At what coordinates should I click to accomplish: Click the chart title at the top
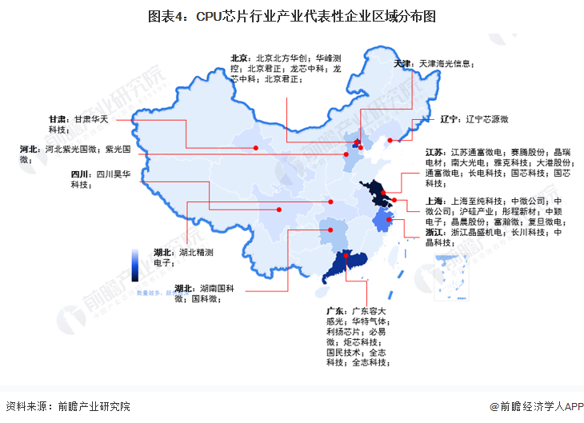click(292, 16)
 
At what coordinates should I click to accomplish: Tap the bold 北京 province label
click(240, 58)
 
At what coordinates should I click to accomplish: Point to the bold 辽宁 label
click(450, 119)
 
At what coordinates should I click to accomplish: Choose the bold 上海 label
click(436, 202)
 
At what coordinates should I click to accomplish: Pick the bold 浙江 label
click(436, 233)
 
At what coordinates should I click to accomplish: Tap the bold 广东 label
click(336, 310)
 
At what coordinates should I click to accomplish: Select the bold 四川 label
click(80, 174)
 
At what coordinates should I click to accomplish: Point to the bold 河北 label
click(30, 149)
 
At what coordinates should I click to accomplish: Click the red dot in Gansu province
click(256, 148)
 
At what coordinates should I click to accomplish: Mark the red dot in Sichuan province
click(279, 210)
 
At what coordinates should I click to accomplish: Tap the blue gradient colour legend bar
click(135, 264)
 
